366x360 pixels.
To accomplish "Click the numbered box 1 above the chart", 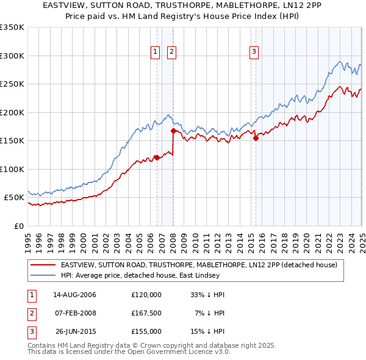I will click(156, 52).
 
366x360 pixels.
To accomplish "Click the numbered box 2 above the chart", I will click(172, 52).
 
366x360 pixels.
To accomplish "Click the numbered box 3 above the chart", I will click(253, 52).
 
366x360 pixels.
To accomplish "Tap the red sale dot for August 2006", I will click(157, 157).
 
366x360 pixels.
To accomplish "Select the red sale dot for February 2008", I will click(173, 131).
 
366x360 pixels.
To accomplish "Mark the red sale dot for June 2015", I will click(256, 138).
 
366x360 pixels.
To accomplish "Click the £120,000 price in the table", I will click(146, 295).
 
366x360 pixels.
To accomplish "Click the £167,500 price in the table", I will click(146, 313).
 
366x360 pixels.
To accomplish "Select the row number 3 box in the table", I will click(30, 331).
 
